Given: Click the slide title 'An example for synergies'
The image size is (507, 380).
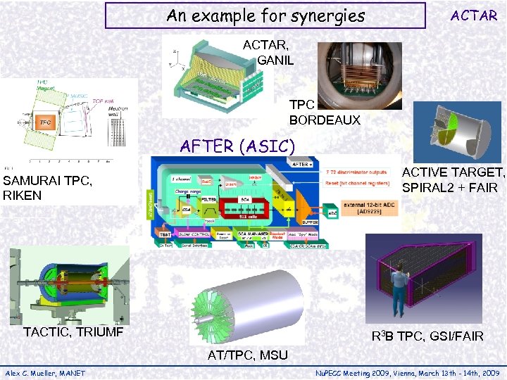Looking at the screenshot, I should (x=265, y=15).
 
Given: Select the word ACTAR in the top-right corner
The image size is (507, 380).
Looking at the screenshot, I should (x=473, y=15).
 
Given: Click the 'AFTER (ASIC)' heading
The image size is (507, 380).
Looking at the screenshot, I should (x=237, y=146).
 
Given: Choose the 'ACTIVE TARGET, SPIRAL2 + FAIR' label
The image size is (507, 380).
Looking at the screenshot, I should (x=453, y=180).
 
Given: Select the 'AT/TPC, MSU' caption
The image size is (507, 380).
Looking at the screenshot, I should (x=247, y=355).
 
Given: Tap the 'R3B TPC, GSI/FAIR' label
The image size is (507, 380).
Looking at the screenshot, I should (x=427, y=336).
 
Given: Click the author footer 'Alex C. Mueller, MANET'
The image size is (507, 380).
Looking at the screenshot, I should (x=45, y=372).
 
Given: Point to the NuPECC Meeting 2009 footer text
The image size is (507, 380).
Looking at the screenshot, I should (x=407, y=372).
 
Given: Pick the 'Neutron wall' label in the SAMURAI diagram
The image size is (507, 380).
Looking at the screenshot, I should (x=118, y=113).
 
